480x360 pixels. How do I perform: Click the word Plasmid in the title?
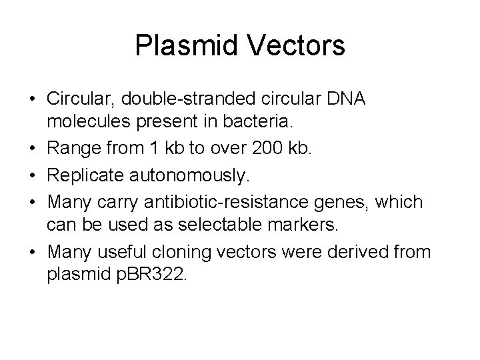(181, 46)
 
